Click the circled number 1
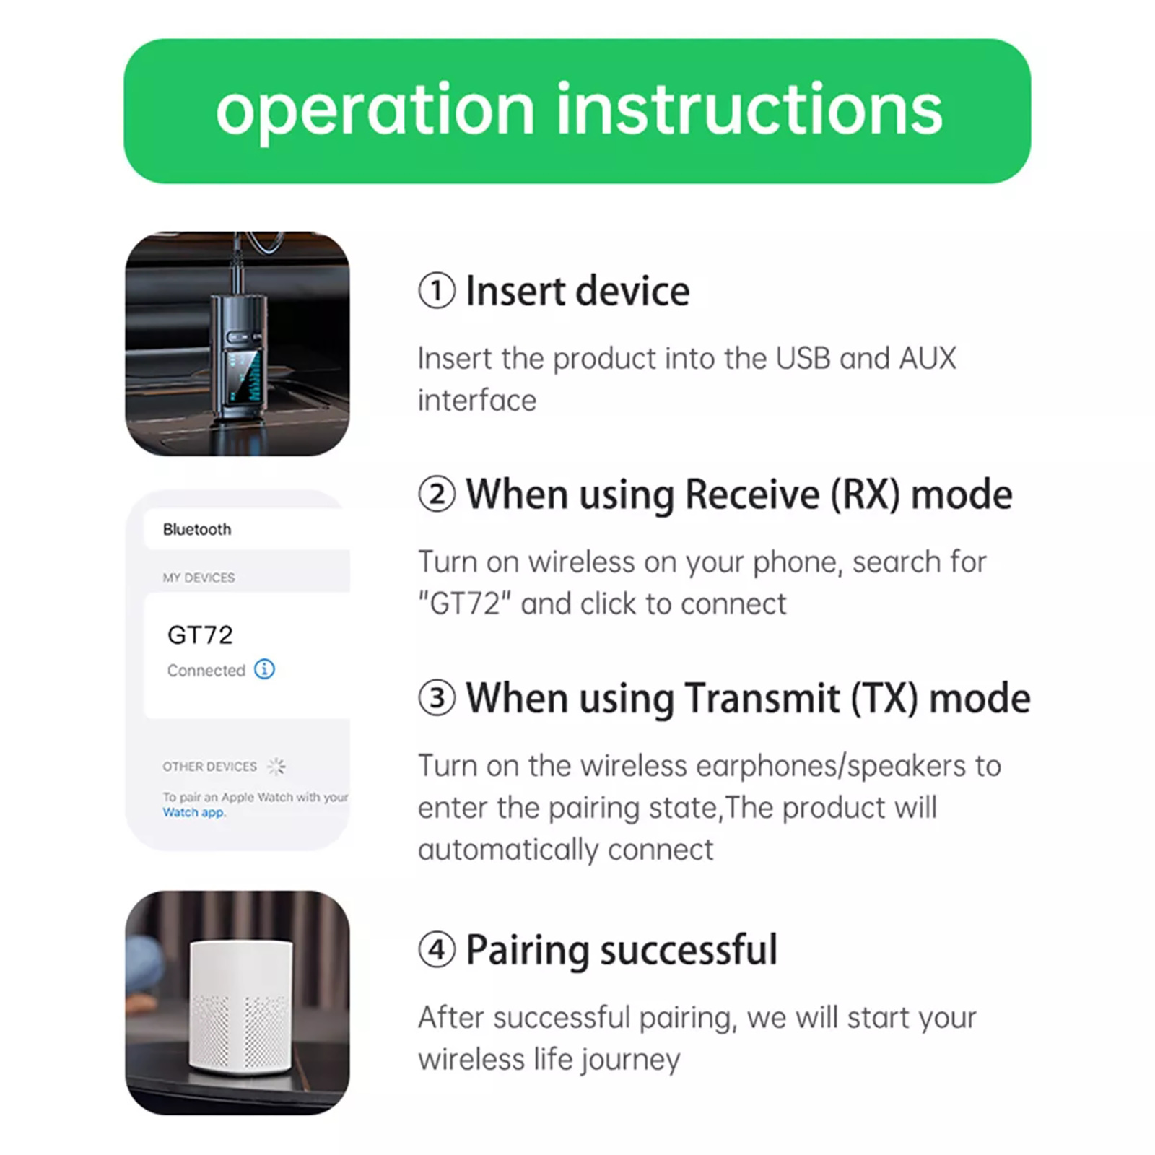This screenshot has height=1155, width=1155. tap(437, 291)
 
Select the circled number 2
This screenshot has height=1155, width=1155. tap(437, 494)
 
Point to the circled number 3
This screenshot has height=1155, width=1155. tap(437, 698)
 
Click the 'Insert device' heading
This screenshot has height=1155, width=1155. tap(577, 291)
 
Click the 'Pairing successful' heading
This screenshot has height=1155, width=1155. tap(622, 950)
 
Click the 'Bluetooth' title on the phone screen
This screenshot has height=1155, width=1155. tap(197, 529)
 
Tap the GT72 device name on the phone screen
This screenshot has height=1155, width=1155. tap(200, 635)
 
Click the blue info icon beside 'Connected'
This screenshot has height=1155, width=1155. tap(264, 669)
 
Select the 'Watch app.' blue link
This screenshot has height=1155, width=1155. tap(193, 812)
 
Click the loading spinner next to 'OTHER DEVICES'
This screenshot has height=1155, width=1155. tap(276, 766)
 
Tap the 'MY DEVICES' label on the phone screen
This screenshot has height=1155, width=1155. tap(199, 577)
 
